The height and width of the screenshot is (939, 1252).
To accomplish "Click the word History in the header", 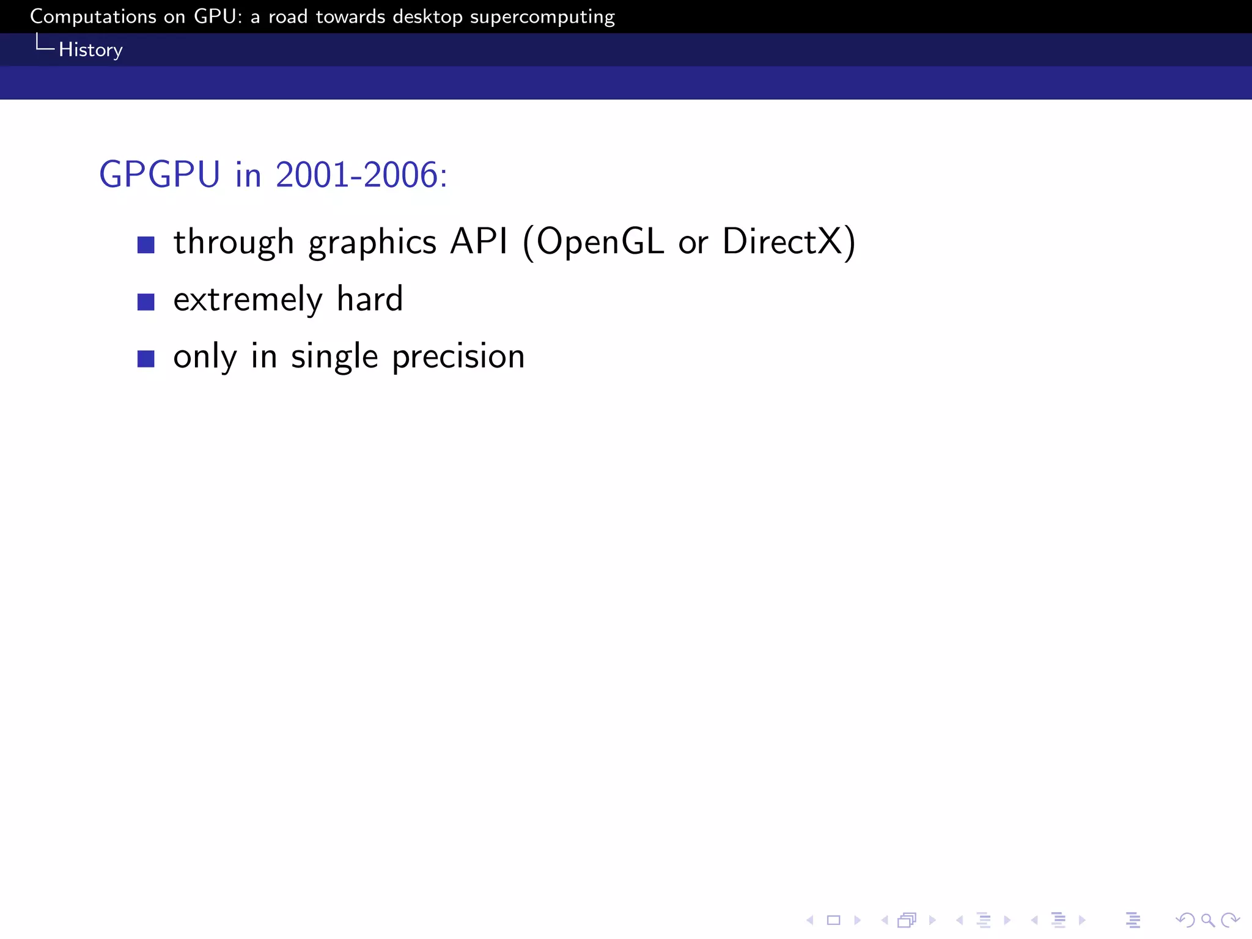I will pos(90,50).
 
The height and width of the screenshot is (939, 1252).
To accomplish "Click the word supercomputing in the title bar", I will pos(542,17).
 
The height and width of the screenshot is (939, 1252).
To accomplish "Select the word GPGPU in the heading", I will pos(160,175).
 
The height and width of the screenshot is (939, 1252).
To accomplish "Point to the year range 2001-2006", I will pos(357,175).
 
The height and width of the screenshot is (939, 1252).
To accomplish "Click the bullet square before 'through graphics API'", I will pos(146,245).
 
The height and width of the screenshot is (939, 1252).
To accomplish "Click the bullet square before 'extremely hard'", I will pos(146,302).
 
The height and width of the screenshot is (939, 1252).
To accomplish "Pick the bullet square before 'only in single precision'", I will pos(146,359).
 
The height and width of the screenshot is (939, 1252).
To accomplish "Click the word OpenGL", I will pos(600,242).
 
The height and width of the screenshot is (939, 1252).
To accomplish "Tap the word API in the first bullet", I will pos(479,241).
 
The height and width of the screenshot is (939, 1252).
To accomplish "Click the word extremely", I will pos(248,300).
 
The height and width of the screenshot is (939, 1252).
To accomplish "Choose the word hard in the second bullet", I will pos(370,299).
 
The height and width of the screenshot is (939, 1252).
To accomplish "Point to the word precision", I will pos(458,357).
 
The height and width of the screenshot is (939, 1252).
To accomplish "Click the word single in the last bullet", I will pos(334,357).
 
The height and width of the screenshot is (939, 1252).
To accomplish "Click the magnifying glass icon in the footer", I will pos(1207,920).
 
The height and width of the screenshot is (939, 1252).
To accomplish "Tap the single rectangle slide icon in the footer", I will pos(834,920).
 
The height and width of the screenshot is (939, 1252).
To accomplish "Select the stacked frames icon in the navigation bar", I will pos(907,920).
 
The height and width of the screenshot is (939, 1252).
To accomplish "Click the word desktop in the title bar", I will pos(427,17).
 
